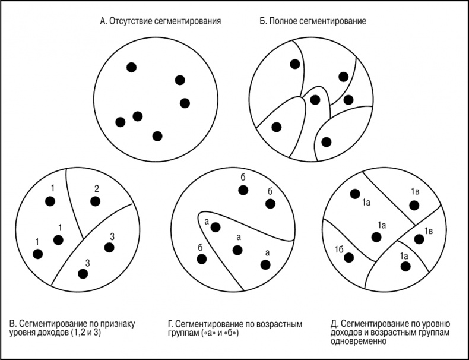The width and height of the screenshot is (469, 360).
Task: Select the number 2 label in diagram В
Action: click(96, 189)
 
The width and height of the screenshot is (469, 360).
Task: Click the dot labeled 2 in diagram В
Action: click(95, 201)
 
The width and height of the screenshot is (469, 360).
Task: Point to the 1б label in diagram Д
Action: click(339, 250)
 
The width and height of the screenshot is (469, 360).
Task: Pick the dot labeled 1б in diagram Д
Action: click(348, 258)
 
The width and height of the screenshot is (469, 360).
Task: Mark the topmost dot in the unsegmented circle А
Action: click(131, 67)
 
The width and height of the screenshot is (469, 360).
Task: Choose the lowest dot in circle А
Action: click(157, 136)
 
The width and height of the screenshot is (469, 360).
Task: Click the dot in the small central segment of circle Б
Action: click(315, 100)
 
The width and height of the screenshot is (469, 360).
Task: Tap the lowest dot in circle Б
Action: click(327, 142)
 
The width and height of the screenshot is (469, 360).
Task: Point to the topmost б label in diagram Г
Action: click(243, 178)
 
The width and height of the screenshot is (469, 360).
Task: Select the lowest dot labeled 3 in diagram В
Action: click(83, 274)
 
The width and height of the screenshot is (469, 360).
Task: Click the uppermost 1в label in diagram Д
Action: click(415, 191)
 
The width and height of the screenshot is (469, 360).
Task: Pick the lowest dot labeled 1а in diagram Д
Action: click(405, 266)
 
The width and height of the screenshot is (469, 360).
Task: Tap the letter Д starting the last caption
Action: click(334, 324)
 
